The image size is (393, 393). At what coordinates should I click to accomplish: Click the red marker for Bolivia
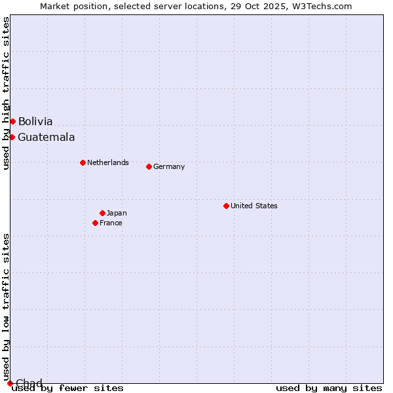(12, 121)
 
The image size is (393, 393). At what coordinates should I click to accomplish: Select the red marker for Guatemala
(12, 137)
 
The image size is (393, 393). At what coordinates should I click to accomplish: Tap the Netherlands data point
(83, 162)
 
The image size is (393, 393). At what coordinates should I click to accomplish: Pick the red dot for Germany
(149, 166)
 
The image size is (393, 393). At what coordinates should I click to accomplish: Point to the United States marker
(226, 206)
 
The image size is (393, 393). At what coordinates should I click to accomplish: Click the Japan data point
(102, 213)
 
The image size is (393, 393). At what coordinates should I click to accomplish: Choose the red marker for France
(95, 223)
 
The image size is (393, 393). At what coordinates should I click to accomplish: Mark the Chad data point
(10, 383)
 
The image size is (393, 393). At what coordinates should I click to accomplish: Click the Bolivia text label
(35, 121)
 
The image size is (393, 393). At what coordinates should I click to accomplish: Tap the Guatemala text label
(46, 137)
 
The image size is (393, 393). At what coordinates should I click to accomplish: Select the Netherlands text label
(107, 162)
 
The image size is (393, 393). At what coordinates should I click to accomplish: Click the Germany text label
(169, 166)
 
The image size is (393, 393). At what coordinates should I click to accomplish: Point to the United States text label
(253, 206)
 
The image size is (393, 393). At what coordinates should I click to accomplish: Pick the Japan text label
(117, 213)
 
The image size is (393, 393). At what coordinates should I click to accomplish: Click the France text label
(111, 223)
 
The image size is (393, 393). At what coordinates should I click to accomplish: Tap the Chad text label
(29, 383)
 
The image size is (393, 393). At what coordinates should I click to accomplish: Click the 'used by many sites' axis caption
(329, 388)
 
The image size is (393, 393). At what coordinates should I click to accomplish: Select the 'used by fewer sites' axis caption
(67, 388)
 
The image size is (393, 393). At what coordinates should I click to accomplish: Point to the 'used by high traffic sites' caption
(6, 93)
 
